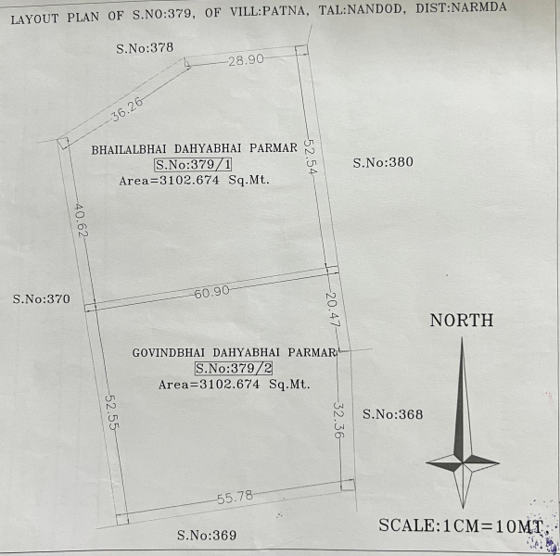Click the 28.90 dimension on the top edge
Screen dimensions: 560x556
[x=247, y=59]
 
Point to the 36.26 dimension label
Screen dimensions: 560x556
[x=126, y=109]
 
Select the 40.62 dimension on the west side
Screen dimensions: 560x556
[x=82, y=221]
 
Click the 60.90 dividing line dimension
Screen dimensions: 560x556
[x=212, y=293]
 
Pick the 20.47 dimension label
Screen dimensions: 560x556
[x=333, y=310]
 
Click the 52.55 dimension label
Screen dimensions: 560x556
[x=110, y=409]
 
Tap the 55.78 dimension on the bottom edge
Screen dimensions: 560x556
[x=235, y=499]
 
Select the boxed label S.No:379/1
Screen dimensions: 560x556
[x=193, y=165]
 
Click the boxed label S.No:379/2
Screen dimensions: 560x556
[x=233, y=368]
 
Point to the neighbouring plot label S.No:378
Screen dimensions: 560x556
[x=145, y=47]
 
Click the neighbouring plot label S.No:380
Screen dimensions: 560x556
[x=383, y=162]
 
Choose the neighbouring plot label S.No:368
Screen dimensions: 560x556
[x=392, y=414]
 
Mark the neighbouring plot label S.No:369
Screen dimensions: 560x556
[x=207, y=536]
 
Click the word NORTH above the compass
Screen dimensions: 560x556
[x=461, y=321]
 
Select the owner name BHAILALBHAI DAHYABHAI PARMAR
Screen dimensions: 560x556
[x=194, y=148]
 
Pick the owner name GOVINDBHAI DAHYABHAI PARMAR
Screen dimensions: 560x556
[x=233, y=352]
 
